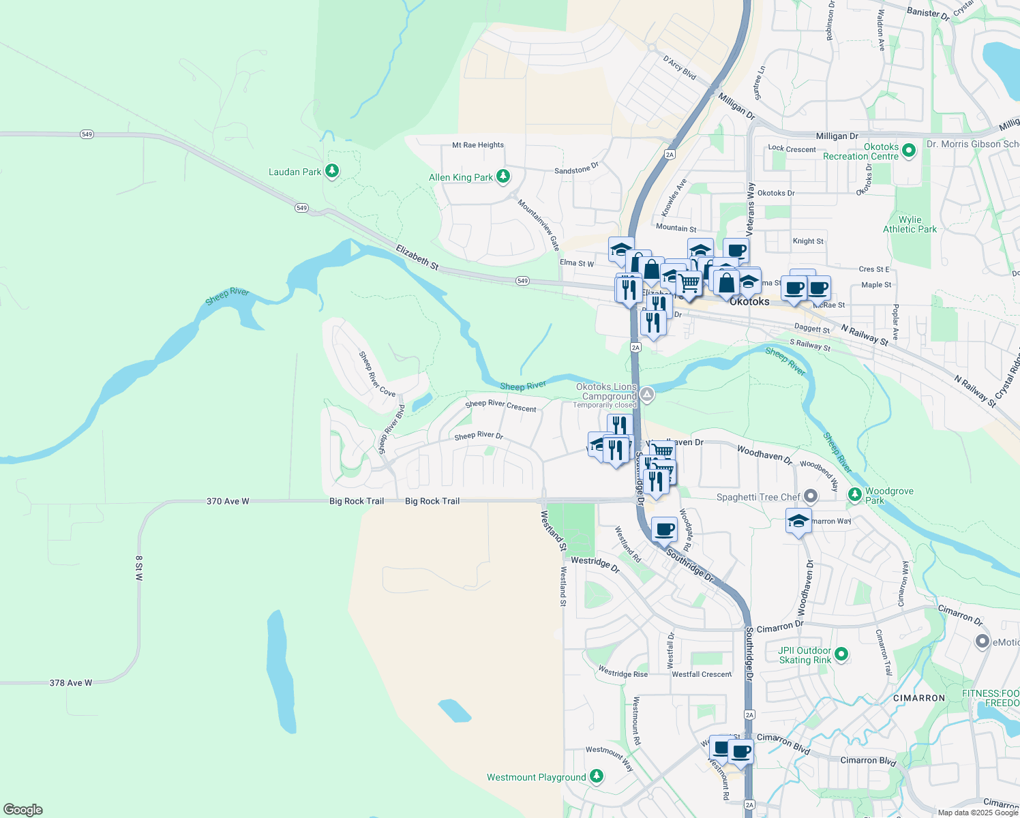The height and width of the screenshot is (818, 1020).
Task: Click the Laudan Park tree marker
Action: pyautogui.click(x=332, y=170)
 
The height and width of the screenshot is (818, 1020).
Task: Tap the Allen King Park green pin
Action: pyautogui.click(x=503, y=177)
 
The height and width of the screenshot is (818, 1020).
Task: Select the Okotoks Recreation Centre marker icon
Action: pyautogui.click(x=908, y=151)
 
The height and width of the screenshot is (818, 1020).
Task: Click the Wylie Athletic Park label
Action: pyautogui.click(x=910, y=224)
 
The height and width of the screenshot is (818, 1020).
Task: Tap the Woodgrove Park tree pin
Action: pyautogui.click(x=855, y=494)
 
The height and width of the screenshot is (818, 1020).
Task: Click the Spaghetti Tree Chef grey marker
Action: pyautogui.click(x=811, y=496)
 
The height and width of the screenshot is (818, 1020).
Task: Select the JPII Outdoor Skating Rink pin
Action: pyautogui.click(x=841, y=654)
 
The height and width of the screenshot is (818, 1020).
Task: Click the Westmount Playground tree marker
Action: pyautogui.click(x=597, y=776)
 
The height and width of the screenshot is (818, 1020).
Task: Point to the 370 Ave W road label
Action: pyautogui.click(x=228, y=501)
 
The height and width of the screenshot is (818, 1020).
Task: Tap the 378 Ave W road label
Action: pyautogui.click(x=71, y=682)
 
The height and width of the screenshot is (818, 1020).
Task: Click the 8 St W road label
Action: pyautogui.click(x=139, y=568)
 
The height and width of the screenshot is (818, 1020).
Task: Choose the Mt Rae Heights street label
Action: pyautogui.click(x=478, y=145)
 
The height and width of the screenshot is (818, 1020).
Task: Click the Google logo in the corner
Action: pyautogui.click(x=23, y=810)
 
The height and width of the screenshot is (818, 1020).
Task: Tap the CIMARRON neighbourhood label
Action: pyautogui.click(x=919, y=698)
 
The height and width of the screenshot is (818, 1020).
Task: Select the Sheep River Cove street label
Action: pyautogui.click(x=377, y=374)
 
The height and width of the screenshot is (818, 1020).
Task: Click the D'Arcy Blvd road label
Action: pyautogui.click(x=679, y=67)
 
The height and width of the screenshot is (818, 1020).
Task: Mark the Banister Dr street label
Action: pyautogui.click(x=928, y=13)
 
